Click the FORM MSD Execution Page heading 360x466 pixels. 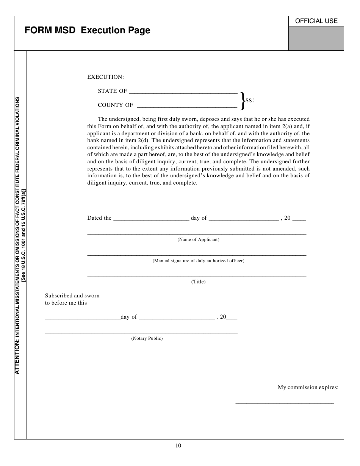coord(88,31)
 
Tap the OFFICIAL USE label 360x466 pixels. coord(316,21)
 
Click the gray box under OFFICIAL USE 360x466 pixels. coord(316,38)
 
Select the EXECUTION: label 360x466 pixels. coord(105,77)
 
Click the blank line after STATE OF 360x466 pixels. coord(183,92)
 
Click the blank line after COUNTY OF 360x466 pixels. coord(186,106)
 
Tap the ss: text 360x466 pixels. coord(249,100)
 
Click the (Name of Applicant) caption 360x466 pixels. coord(198,239)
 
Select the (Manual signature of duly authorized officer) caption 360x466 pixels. coord(198,261)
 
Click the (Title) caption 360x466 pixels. coord(198,282)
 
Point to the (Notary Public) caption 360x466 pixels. coord(147,338)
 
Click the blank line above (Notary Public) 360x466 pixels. coord(141,332)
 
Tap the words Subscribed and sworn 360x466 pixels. coord(72,296)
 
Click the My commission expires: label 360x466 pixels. coord(308,387)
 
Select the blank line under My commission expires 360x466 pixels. coord(285,403)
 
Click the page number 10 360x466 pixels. coord(178,446)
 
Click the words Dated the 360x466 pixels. coord(99,218)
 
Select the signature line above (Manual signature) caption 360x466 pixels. coord(197,255)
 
